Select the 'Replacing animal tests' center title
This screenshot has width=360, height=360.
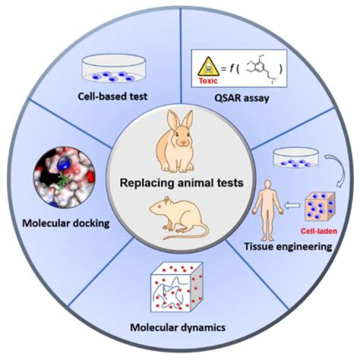pyautogui.click(x=180, y=182)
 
